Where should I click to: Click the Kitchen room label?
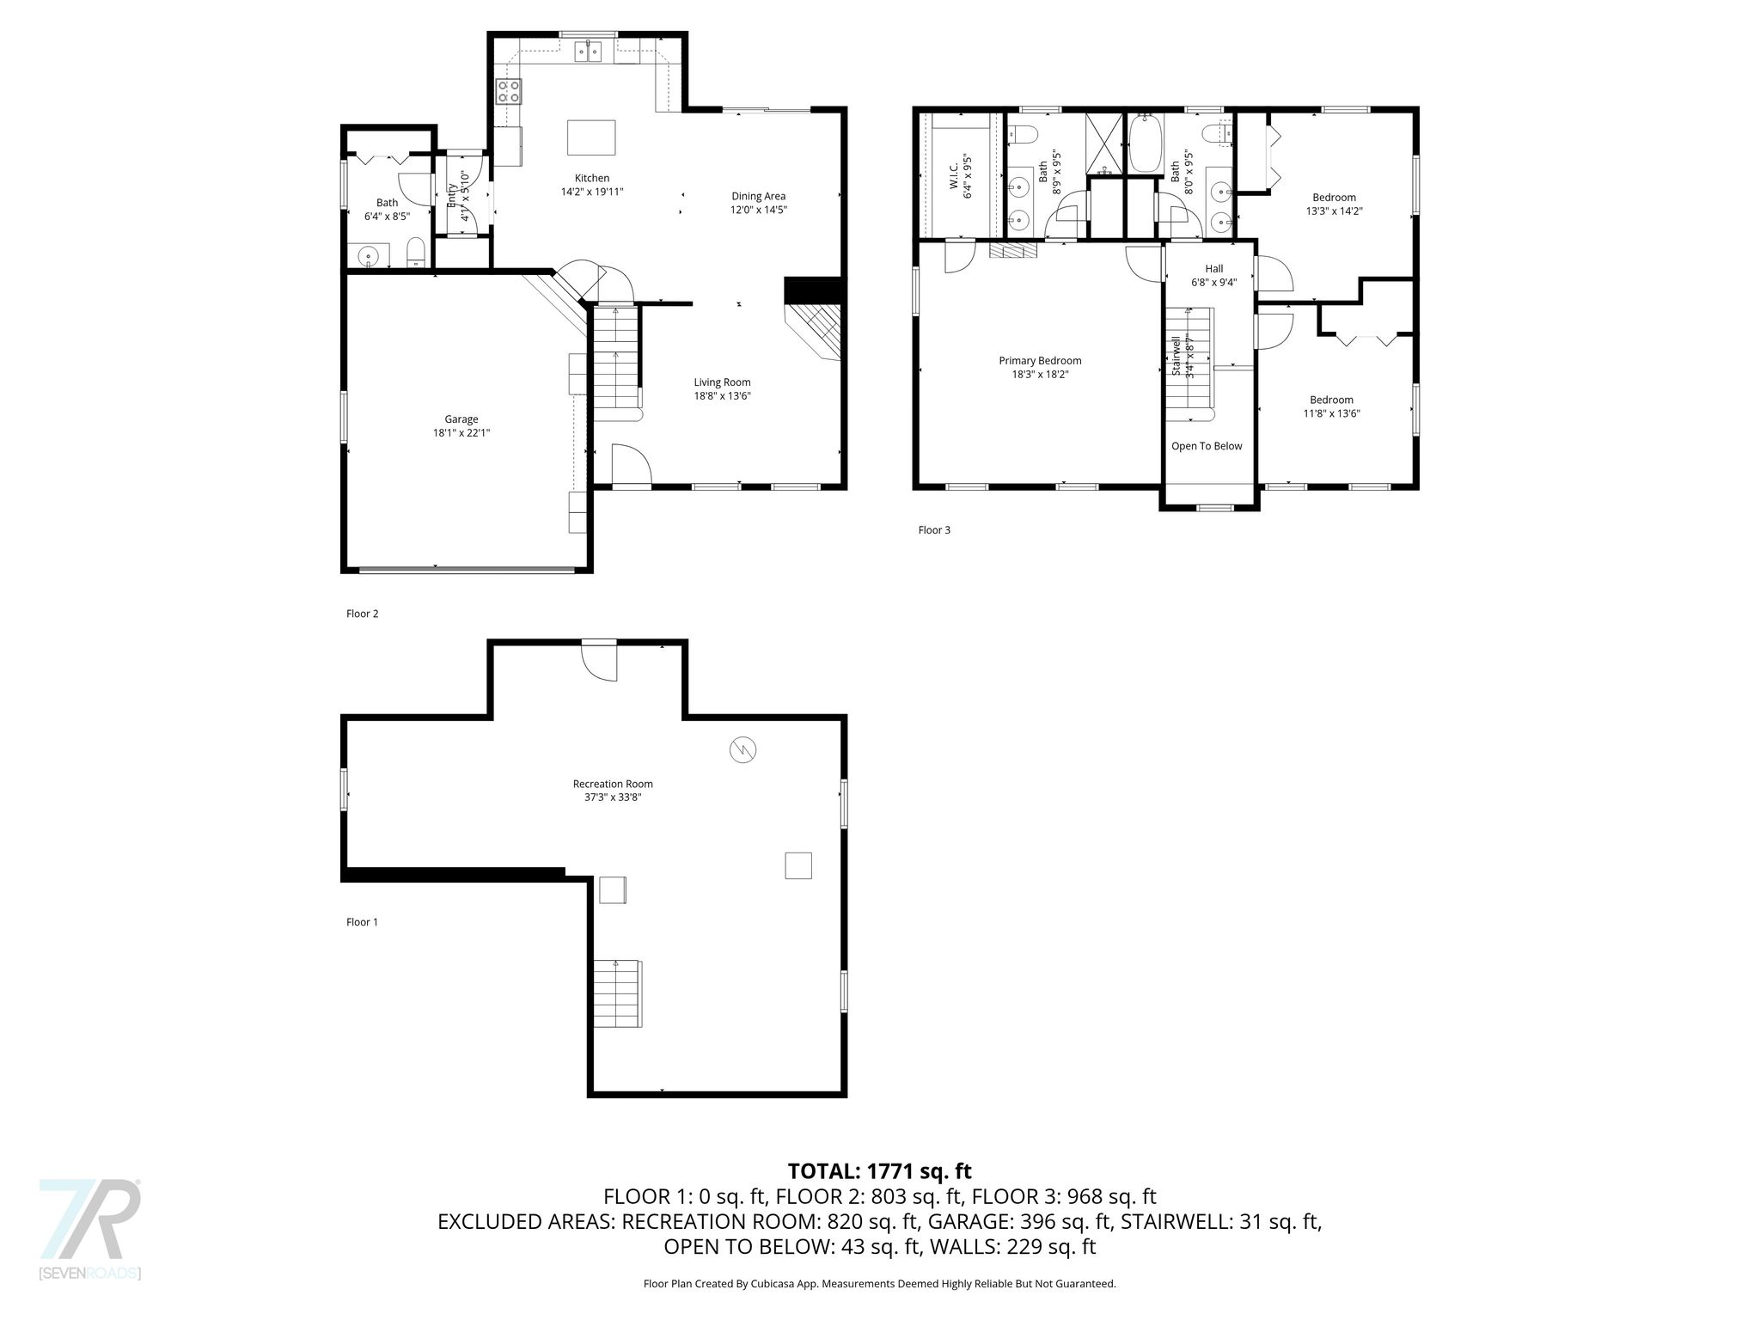(592, 178)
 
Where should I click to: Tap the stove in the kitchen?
(509, 91)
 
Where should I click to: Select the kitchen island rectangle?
(591, 137)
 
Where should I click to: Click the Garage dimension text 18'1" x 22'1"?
(461, 433)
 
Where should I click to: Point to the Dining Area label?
(758, 196)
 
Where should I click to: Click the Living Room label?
(723, 382)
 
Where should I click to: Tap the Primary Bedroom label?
(1040, 361)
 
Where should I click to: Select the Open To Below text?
(1207, 446)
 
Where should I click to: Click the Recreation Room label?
(613, 784)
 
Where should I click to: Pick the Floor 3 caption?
(934, 530)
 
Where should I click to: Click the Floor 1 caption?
(362, 922)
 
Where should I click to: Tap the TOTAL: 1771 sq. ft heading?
(880, 1170)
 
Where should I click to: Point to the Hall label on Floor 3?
(1214, 269)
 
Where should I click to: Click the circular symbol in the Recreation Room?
(742, 750)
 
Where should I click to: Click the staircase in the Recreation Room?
(617, 993)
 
